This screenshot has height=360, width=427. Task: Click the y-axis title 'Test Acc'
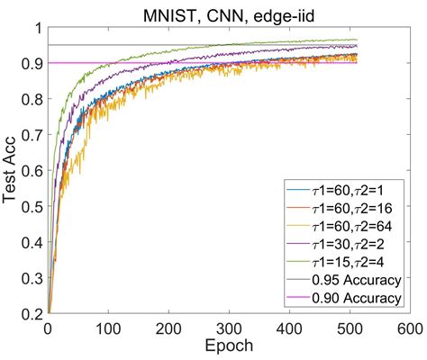click(13, 171)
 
